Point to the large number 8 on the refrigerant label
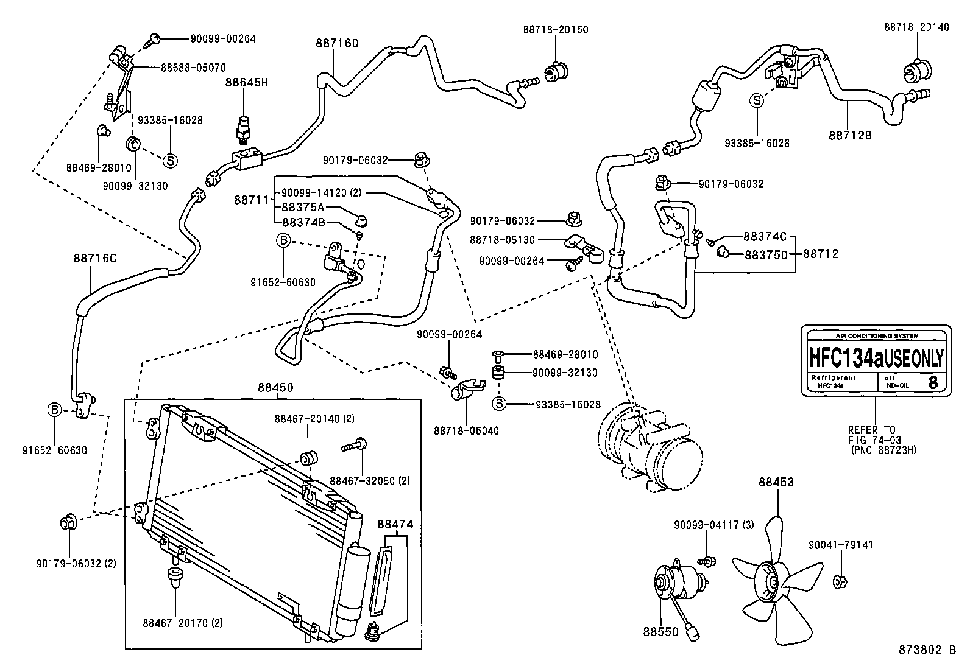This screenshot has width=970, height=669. [932, 382]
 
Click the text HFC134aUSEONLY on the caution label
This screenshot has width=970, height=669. [875, 358]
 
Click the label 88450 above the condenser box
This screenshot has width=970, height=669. [275, 387]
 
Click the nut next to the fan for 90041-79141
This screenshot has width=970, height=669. [840, 582]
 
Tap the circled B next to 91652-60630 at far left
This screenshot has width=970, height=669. [54, 410]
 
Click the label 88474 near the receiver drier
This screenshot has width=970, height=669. [395, 524]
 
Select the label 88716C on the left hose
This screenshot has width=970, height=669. [95, 258]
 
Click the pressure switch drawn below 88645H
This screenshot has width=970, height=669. [245, 127]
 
